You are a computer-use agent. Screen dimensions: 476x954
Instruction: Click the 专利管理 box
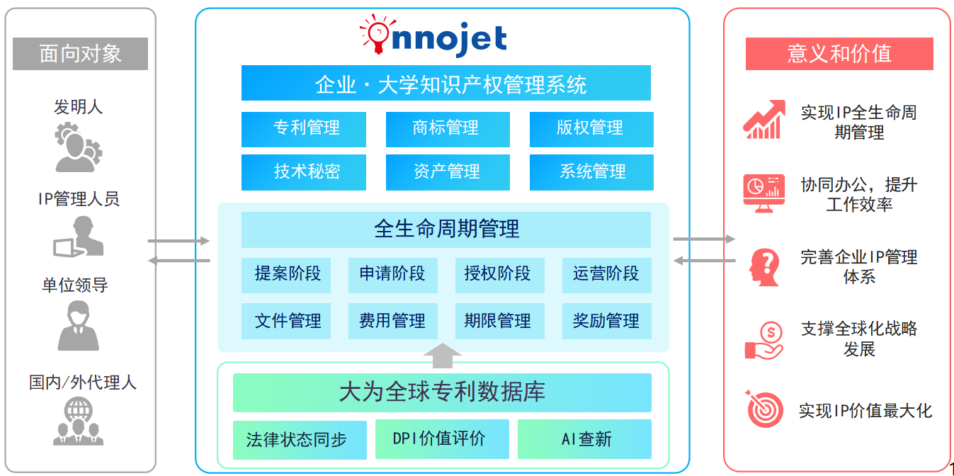tap(304, 129)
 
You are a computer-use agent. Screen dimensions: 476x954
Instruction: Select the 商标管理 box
tap(448, 129)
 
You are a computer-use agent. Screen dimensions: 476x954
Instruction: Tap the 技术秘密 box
tap(304, 172)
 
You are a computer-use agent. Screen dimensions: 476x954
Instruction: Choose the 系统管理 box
tap(591, 172)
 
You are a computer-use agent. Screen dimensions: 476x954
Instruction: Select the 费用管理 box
tap(392, 321)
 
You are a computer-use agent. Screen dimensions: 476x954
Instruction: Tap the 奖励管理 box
tap(606, 321)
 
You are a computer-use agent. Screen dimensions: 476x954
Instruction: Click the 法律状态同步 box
tap(300, 440)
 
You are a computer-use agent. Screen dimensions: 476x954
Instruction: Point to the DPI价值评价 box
tap(442, 439)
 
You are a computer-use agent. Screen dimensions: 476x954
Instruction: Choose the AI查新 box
tap(584, 439)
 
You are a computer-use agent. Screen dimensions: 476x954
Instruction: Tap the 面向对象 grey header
tap(80, 54)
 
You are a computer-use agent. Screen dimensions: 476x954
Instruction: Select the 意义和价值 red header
tap(839, 54)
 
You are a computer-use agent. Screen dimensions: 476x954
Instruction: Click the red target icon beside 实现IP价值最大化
tap(764, 409)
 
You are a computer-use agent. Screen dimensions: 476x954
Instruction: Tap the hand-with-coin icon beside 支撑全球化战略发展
tap(764, 341)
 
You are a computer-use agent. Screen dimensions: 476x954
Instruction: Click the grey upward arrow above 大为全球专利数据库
tap(443, 356)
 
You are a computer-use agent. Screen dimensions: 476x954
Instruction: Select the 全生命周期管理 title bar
tap(446, 229)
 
